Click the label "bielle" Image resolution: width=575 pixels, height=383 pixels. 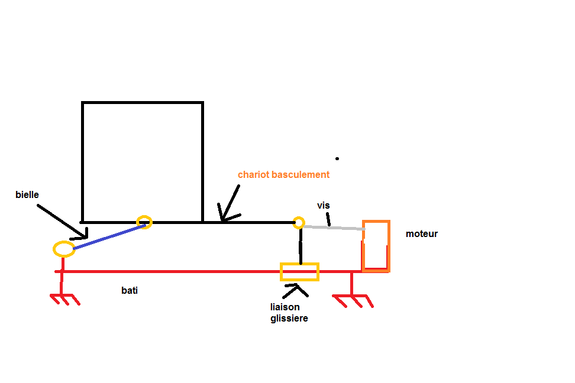pyautogui.click(x=27, y=194)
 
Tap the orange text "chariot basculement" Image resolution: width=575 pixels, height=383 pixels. pyautogui.click(x=283, y=175)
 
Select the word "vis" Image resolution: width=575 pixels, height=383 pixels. pyautogui.click(x=323, y=206)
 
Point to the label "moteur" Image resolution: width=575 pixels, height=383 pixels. pyautogui.click(x=421, y=234)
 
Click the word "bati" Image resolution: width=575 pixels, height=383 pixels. pyautogui.click(x=130, y=291)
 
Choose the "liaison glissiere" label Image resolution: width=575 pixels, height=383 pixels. pyautogui.click(x=289, y=313)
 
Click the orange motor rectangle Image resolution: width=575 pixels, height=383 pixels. pyautogui.click(x=376, y=246)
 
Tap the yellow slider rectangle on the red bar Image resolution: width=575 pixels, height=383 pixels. pyautogui.click(x=299, y=272)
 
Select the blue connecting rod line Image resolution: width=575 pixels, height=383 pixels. pyautogui.click(x=109, y=236)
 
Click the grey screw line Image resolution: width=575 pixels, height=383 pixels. pyautogui.click(x=334, y=226)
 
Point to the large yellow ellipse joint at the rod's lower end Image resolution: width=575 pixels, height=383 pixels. pyautogui.click(x=64, y=249)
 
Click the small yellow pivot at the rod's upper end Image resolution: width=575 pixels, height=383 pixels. pyautogui.click(x=144, y=222)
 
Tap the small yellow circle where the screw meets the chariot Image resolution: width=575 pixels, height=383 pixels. pyautogui.click(x=299, y=223)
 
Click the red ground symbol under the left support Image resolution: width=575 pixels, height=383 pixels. pyautogui.click(x=64, y=298)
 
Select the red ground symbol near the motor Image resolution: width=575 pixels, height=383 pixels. pyautogui.click(x=353, y=300)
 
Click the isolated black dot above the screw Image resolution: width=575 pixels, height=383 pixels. pyautogui.click(x=337, y=158)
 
